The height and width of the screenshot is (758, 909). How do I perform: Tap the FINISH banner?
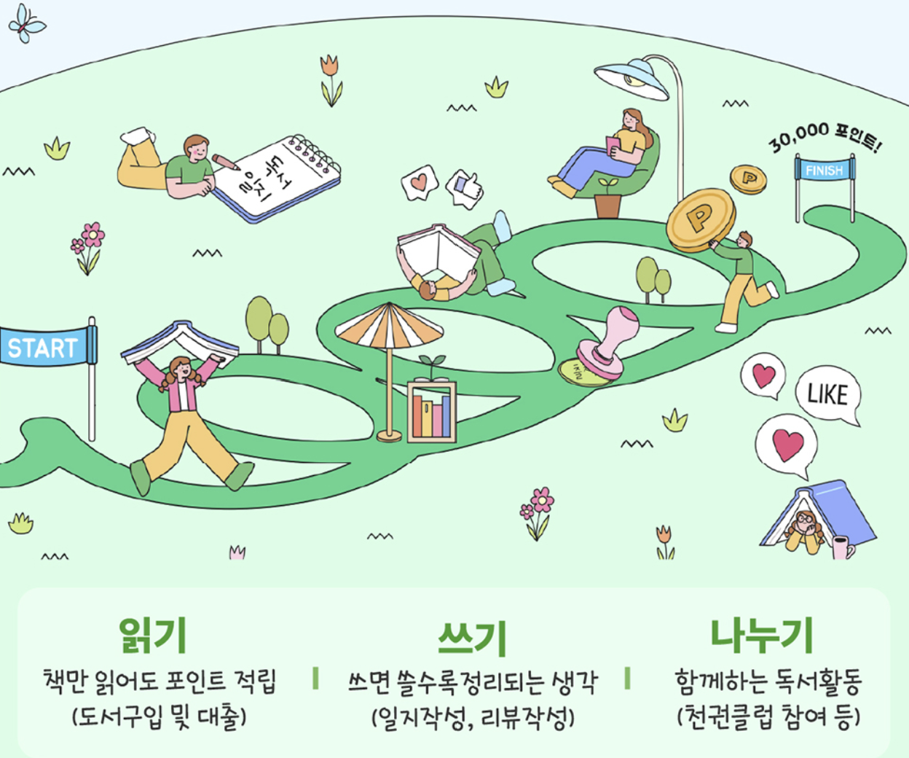tap(824, 171)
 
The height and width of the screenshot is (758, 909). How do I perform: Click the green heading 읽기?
tap(153, 635)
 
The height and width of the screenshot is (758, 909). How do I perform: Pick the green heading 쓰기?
tap(471, 638)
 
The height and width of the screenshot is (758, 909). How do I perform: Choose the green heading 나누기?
tap(762, 635)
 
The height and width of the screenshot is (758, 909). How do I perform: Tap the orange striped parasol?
tap(389, 328)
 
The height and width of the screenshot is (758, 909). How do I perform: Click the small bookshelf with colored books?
tap(432, 412)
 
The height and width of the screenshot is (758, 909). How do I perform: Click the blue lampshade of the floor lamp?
tap(632, 79)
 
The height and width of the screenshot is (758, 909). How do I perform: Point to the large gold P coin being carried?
tap(699, 219)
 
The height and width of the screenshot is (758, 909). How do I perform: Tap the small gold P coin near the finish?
tap(748, 179)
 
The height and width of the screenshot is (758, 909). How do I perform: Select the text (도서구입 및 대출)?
tap(160, 717)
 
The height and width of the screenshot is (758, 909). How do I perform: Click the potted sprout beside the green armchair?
tap(607, 198)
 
